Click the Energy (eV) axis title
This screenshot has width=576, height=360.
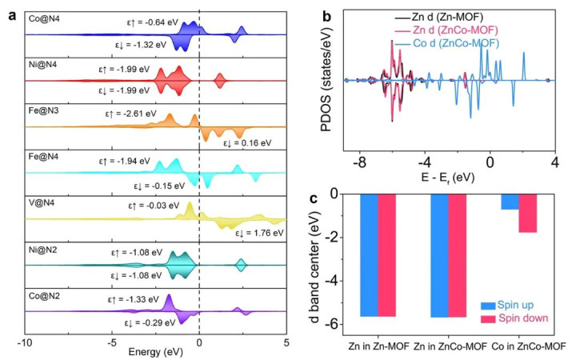(x=154, y=351)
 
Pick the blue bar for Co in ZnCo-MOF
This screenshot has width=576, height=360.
(x=510, y=202)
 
